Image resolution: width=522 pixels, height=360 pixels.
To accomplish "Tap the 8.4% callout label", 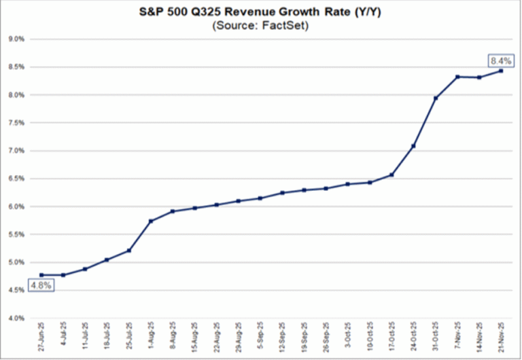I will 499,60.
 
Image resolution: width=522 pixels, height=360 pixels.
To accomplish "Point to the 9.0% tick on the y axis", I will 16,39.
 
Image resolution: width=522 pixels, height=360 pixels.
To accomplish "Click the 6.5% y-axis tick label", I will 16,179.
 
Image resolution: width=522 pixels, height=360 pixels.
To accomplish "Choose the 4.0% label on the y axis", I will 16,318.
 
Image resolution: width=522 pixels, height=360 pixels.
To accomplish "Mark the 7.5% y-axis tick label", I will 16,123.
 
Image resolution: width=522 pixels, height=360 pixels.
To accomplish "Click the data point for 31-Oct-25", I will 436,98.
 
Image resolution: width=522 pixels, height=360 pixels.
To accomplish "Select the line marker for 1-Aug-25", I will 151,221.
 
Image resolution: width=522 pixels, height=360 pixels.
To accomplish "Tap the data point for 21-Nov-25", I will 502,71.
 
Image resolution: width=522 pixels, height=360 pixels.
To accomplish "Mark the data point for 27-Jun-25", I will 41,275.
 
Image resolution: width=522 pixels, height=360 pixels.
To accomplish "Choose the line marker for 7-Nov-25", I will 457,77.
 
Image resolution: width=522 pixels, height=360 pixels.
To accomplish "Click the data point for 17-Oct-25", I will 392,175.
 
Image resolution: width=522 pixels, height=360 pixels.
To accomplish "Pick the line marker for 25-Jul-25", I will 129,251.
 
